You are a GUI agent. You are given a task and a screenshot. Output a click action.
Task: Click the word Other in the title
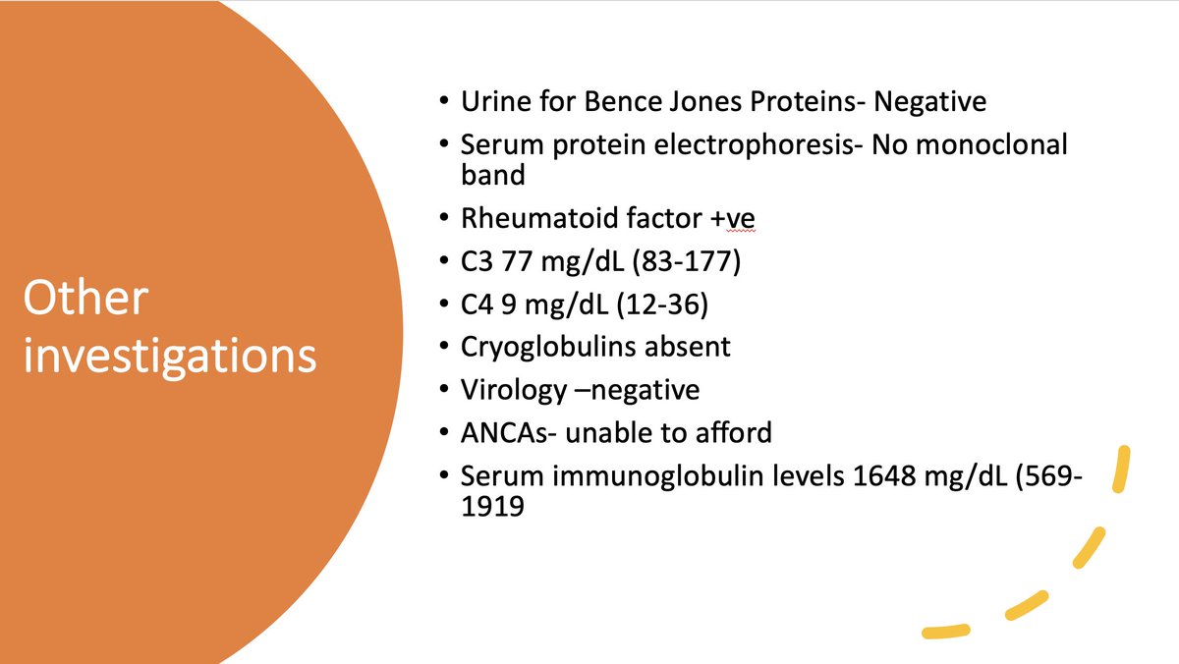pyautogui.click(x=85, y=298)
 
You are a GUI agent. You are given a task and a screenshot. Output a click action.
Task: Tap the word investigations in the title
pyautogui.click(x=170, y=357)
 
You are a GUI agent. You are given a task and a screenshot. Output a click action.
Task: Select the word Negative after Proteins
pyautogui.click(x=929, y=102)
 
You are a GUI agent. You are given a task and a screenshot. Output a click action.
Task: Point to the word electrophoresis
pyautogui.click(x=755, y=145)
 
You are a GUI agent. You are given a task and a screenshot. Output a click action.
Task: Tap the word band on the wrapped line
pyautogui.click(x=492, y=175)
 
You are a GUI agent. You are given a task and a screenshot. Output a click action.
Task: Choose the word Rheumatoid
pyautogui.click(x=539, y=218)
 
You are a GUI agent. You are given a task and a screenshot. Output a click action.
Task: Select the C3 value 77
pyautogui.click(x=517, y=261)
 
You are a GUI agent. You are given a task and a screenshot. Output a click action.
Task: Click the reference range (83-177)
pyautogui.click(x=687, y=261)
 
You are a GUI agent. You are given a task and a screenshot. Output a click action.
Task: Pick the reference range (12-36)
pyautogui.click(x=661, y=304)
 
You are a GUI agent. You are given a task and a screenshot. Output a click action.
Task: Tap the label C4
pyautogui.click(x=477, y=304)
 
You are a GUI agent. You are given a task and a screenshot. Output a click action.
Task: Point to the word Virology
pyautogui.click(x=514, y=390)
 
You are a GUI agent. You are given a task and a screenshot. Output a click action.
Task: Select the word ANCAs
pyautogui.click(x=504, y=433)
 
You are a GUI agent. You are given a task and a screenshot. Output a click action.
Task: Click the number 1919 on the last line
pyautogui.click(x=492, y=507)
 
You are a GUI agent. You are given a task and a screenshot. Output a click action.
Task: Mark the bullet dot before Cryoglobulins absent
pyautogui.click(x=444, y=345)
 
